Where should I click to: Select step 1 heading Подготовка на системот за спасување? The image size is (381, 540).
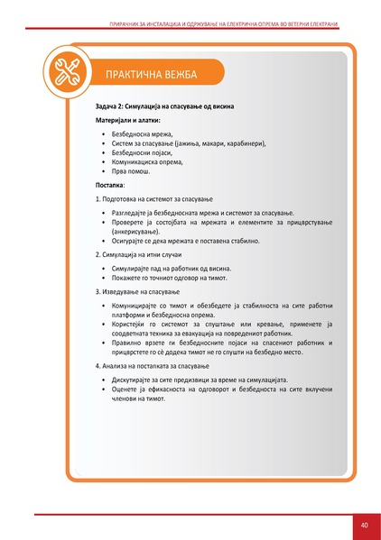(x=159, y=197)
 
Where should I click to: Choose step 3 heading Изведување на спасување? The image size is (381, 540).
(x=138, y=292)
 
